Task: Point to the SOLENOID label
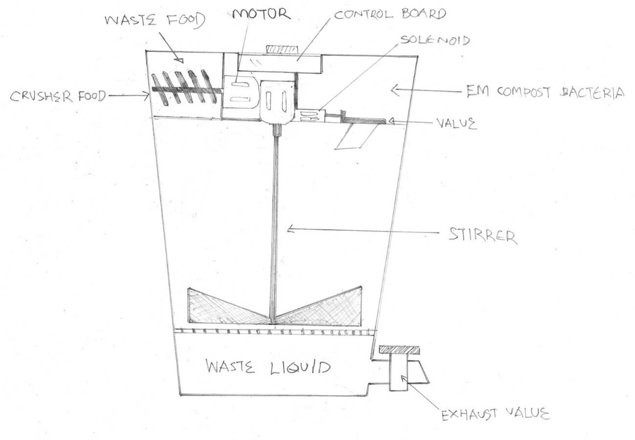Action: (434, 40)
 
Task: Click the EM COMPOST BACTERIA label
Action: (542, 92)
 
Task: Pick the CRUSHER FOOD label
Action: (57, 96)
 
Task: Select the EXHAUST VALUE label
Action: (495, 415)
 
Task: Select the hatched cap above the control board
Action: (282, 50)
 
